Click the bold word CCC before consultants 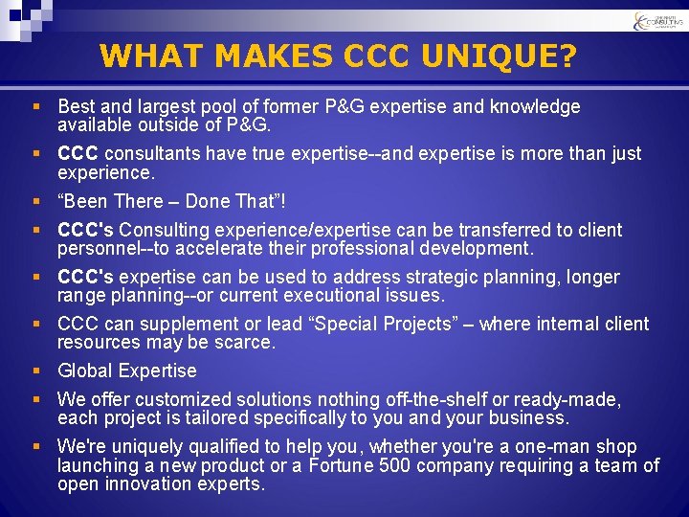(x=78, y=154)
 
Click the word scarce (x=246, y=343)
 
